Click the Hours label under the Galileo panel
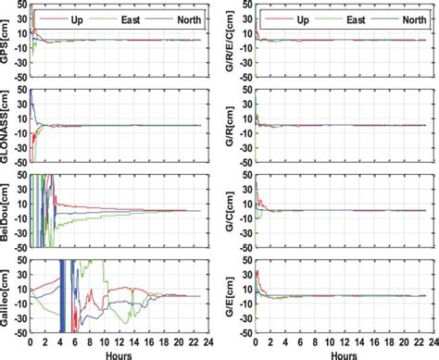click(x=116, y=354)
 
